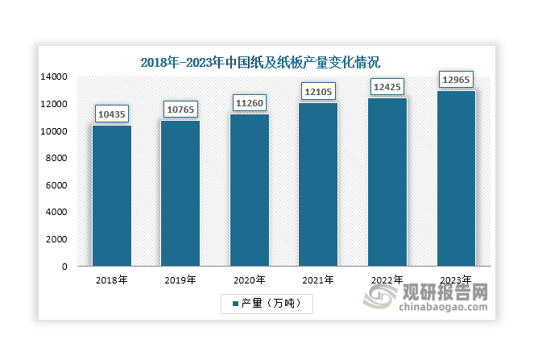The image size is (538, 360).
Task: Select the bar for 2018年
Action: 111,196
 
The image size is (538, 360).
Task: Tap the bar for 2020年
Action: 249,190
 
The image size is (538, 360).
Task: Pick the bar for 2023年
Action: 456,178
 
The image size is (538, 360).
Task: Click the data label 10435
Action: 111,115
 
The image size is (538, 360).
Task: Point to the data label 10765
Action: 180,107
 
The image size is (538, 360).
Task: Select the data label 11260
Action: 249,102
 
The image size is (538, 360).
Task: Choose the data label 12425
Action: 387,86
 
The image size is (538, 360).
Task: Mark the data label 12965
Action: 456,79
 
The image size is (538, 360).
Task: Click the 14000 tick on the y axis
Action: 55,77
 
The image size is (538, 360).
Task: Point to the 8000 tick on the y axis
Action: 57,159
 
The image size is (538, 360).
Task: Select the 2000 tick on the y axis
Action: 57,239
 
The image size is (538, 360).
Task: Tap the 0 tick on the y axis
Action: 65,267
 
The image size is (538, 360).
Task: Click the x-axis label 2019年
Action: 180,280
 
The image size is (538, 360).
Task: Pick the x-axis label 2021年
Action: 318,280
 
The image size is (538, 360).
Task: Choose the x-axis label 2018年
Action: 111,280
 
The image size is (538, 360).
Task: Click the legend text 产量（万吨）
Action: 273,304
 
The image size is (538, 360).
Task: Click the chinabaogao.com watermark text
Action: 444,306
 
